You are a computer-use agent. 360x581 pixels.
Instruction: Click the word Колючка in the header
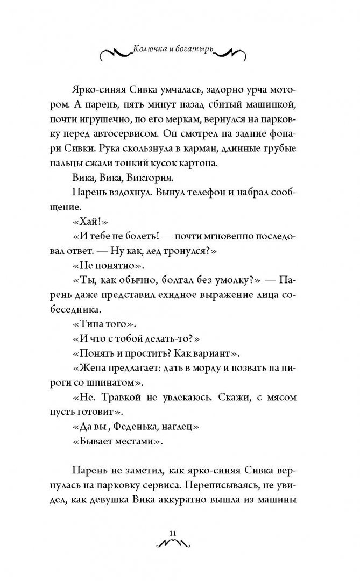[150, 49]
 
